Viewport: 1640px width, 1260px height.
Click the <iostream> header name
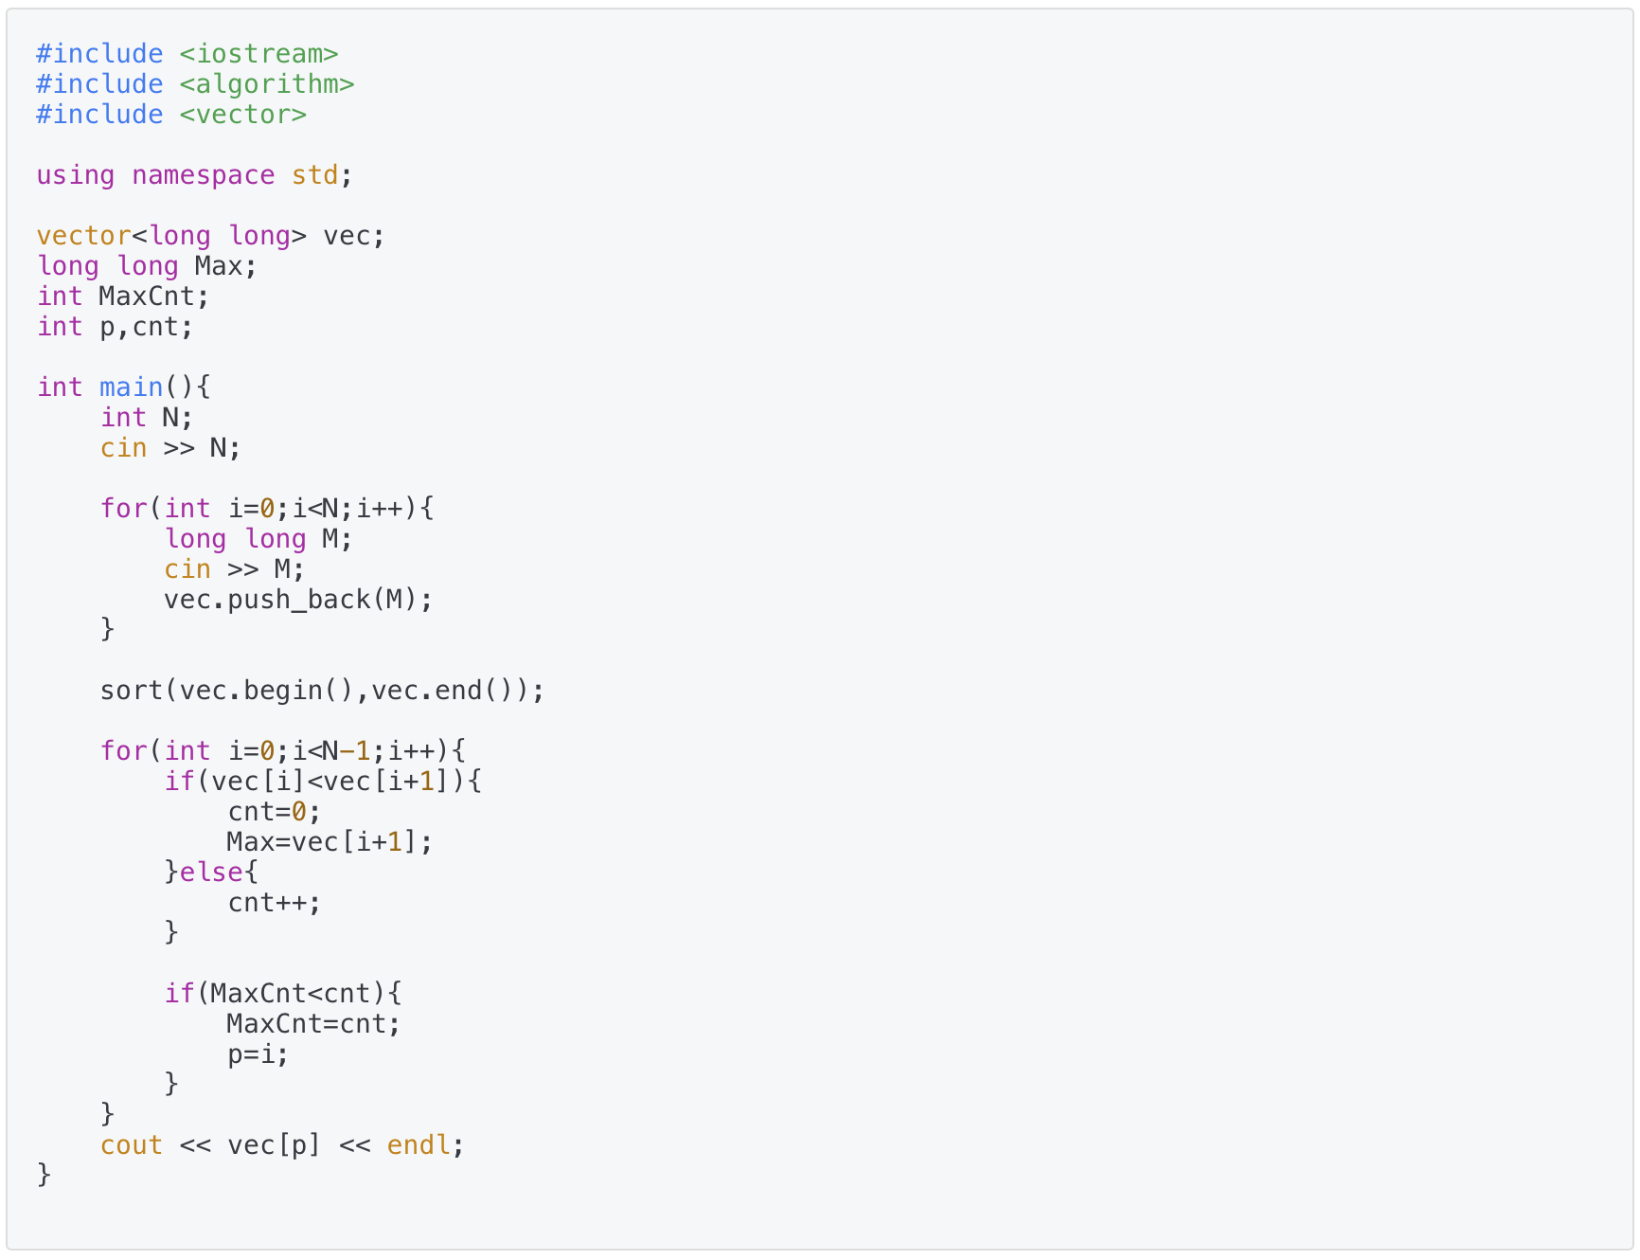point(258,54)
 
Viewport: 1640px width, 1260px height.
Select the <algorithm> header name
point(267,84)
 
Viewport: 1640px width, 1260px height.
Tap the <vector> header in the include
point(243,115)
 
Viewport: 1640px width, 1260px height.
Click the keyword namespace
point(204,175)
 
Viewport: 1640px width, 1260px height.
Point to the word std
point(315,175)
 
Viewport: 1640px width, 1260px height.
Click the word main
point(132,387)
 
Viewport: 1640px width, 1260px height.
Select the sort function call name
point(132,691)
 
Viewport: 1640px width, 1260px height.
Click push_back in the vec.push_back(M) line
point(299,600)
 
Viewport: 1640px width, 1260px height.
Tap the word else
point(210,873)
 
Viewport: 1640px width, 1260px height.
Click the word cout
point(132,1145)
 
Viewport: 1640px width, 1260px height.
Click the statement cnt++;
point(275,903)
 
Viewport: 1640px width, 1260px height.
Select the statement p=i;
point(258,1054)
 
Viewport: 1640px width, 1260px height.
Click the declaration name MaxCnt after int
point(147,297)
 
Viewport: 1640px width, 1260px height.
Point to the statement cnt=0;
point(275,812)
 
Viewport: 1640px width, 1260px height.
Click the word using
point(76,175)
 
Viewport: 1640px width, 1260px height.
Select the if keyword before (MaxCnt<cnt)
point(179,994)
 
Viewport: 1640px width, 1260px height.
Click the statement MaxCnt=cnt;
point(313,1024)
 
